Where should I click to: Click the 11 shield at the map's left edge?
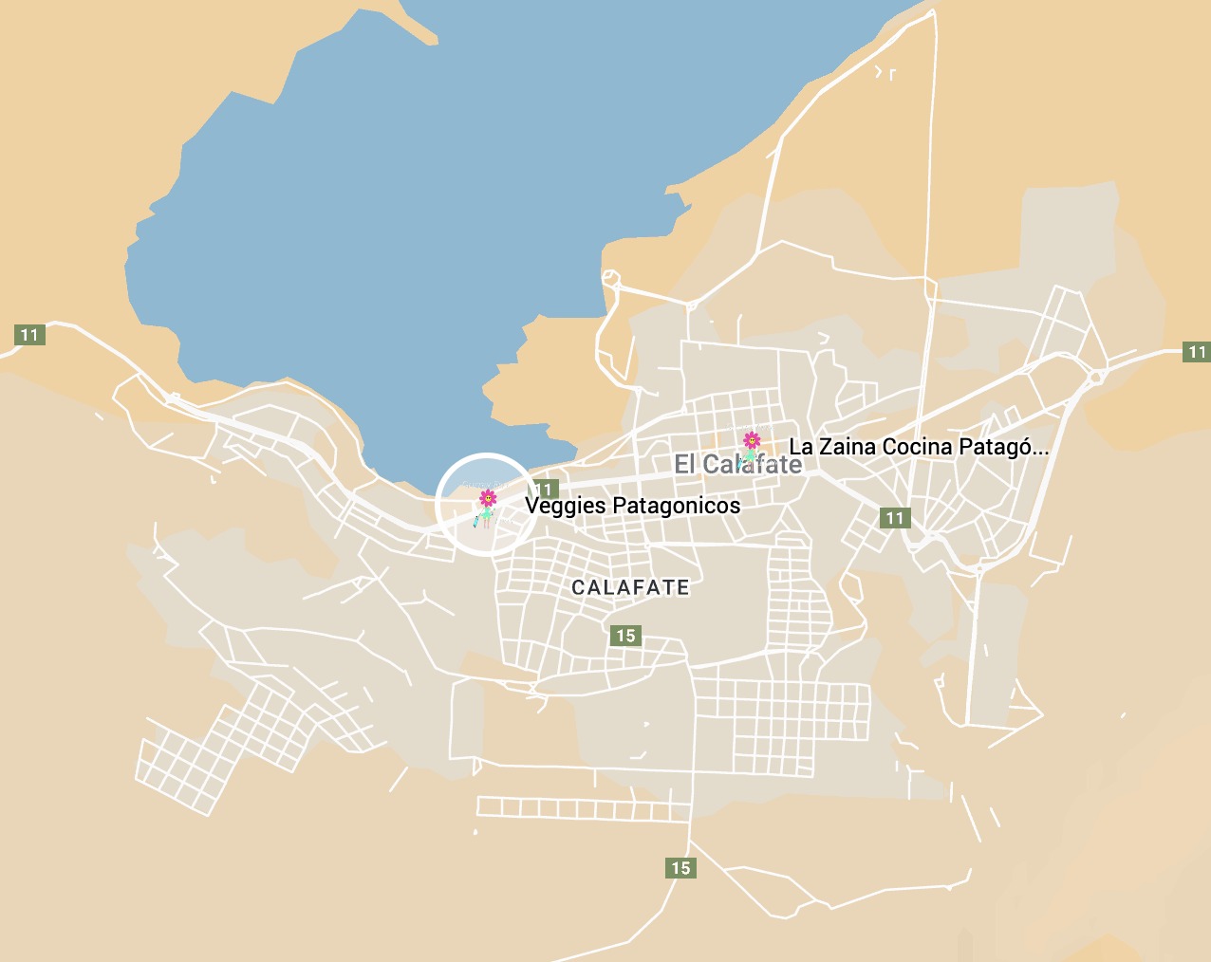click(29, 335)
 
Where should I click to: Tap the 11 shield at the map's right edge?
click(1197, 352)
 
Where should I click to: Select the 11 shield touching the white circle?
click(544, 490)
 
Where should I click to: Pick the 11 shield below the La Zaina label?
click(894, 517)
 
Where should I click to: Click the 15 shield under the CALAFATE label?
click(624, 636)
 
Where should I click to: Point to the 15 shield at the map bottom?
click(680, 868)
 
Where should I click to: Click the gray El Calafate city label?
click(737, 465)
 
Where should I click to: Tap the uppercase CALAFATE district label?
click(630, 587)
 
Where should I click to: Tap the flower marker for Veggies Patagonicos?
click(487, 499)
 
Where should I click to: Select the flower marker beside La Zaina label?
click(752, 442)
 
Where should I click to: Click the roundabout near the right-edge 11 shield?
click(1096, 377)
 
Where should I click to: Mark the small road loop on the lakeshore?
click(610, 280)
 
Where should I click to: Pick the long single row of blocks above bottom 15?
click(584, 809)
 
